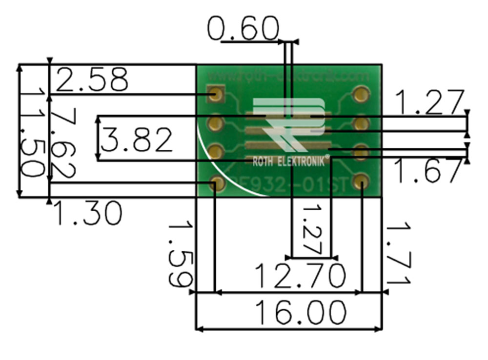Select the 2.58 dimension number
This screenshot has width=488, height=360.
(92, 80)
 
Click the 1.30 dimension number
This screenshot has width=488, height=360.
(87, 213)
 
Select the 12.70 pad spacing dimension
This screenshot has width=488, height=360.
(300, 276)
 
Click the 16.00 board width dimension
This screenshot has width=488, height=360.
(301, 313)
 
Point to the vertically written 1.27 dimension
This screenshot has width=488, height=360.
(312, 229)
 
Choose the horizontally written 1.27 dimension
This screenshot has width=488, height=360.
(428, 102)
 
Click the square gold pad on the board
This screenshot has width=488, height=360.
(215, 94)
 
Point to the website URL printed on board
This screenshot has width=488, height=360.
(288, 76)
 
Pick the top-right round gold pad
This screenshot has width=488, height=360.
(361, 94)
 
